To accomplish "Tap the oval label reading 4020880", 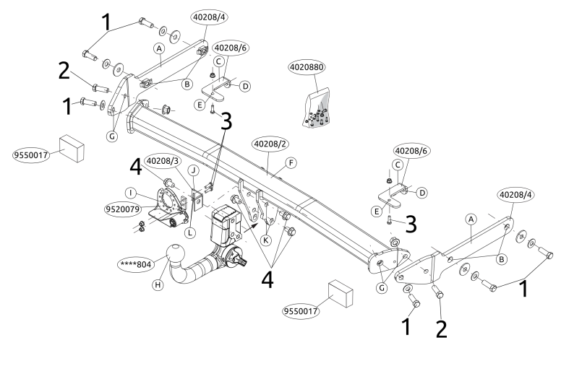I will pos(307,67).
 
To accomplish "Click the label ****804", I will pos(135,265).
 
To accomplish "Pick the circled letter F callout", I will pos(291,163).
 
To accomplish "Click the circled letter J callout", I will pos(193,170).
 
